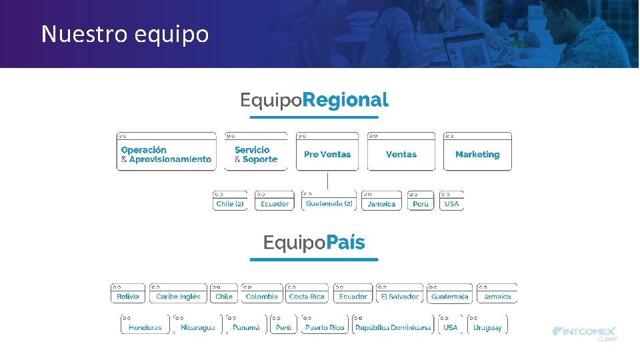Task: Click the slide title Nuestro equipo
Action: pyautogui.click(x=125, y=33)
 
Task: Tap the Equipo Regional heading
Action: pyautogui.click(x=314, y=101)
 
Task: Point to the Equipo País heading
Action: pyautogui.click(x=314, y=243)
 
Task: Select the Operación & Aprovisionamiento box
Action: pyautogui.click(x=167, y=153)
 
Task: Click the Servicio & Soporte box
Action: pyautogui.click(x=256, y=153)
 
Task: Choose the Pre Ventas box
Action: pyautogui.click(x=327, y=153)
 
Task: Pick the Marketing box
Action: pyautogui.click(x=477, y=153)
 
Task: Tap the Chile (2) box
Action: pyautogui.click(x=230, y=202)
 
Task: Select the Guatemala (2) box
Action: pyautogui.click(x=329, y=202)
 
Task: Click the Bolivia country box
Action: pyautogui.click(x=128, y=295)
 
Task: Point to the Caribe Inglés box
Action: pyautogui.click(x=178, y=295)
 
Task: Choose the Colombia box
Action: pyautogui.click(x=261, y=295)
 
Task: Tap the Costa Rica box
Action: pyautogui.click(x=307, y=295)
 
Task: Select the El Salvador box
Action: pyautogui.click(x=399, y=295)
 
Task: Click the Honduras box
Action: pyautogui.click(x=145, y=326)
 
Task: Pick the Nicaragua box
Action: pyautogui.click(x=198, y=326)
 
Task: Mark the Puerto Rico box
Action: pyautogui.click(x=325, y=326)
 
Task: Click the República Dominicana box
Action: pyautogui.click(x=393, y=326)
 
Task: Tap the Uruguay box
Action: pyautogui.click(x=487, y=326)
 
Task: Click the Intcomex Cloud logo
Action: pyautogui.click(x=585, y=333)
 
